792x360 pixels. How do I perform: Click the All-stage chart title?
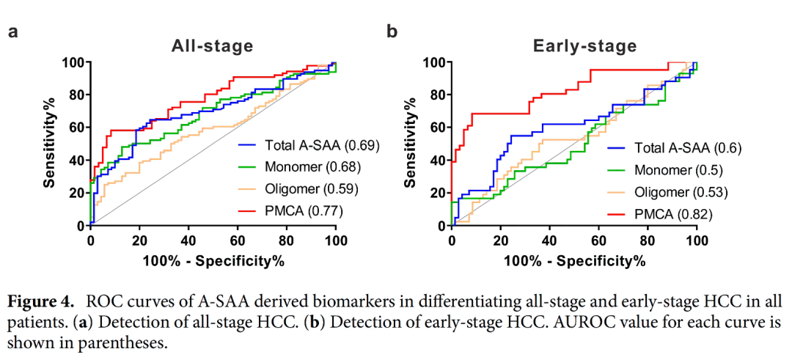click(212, 45)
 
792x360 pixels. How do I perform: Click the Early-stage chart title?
click(584, 46)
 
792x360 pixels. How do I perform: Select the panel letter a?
click(12, 32)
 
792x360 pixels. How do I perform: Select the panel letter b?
click(392, 32)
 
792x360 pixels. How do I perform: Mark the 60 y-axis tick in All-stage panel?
click(75, 128)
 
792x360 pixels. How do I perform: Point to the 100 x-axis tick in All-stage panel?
click(335, 238)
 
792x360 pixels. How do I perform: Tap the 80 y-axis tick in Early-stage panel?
click(437, 95)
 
